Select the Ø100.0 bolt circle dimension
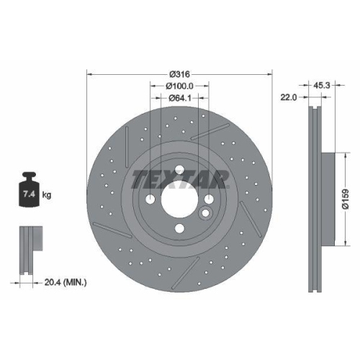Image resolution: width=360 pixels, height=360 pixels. [x=179, y=86]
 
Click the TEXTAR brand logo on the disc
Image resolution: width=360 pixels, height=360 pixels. [x=179, y=179]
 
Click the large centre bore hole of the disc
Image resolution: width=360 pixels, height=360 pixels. [x=179, y=200]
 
